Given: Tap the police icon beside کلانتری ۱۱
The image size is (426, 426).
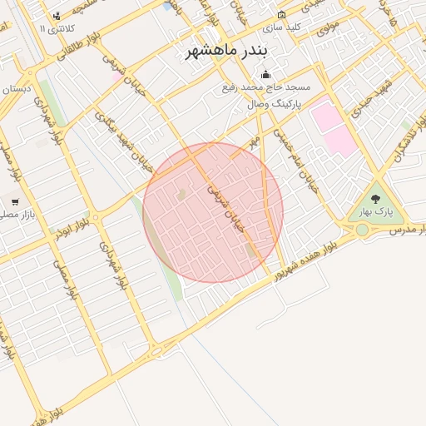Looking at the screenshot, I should pyautogui.click(x=57, y=17).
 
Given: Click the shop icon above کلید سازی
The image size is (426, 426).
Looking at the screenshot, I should pyautogui.click(x=281, y=14).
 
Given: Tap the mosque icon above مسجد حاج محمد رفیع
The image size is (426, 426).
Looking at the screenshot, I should pyautogui.click(x=266, y=75).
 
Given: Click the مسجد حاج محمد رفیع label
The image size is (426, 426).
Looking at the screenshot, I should pyautogui.click(x=266, y=87).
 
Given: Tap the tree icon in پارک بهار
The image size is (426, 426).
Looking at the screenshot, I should pyautogui.click(x=375, y=199).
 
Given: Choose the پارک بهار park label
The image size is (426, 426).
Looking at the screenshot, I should pyautogui.click(x=375, y=212).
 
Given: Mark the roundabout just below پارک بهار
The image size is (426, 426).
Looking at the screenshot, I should pyautogui.click(x=362, y=230).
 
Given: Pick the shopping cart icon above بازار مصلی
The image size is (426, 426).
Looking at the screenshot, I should pyautogui.click(x=14, y=202).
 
